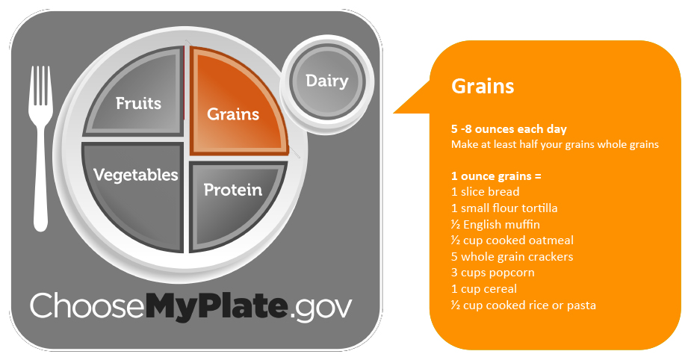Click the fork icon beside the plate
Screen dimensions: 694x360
[40, 148]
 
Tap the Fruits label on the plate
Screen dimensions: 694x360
[138, 103]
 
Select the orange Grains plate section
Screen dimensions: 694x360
[236, 102]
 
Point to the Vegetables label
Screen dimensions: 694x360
[136, 175]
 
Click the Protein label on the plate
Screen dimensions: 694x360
[233, 190]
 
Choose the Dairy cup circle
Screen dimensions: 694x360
[327, 81]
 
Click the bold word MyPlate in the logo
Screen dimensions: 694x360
[216, 305]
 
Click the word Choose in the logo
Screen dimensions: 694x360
[87, 305]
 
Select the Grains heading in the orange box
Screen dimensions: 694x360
[483, 86]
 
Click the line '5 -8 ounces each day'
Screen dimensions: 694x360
[509, 129]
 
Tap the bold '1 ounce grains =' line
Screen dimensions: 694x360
[496, 176]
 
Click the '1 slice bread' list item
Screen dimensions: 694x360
[485, 192]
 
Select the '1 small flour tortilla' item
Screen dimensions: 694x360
[504, 208]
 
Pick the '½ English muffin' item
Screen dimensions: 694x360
[495, 224]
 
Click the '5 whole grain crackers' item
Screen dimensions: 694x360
[512, 256]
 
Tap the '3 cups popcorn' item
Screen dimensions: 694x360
[492, 273]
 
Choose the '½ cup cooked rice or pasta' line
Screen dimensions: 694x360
[523, 305]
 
